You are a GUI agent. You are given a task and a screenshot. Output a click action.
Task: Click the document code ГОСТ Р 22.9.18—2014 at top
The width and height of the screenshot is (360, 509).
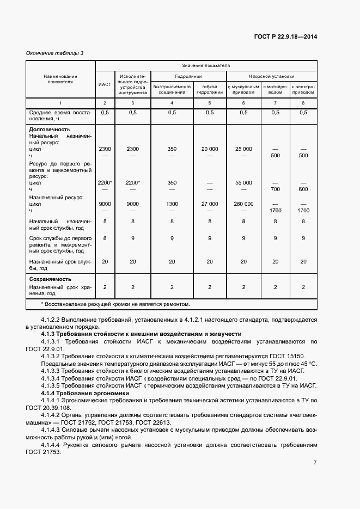[285, 37]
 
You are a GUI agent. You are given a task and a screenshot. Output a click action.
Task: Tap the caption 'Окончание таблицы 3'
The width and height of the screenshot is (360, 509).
[54, 53]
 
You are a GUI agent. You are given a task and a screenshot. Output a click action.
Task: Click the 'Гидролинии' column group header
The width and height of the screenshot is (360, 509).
[188, 76]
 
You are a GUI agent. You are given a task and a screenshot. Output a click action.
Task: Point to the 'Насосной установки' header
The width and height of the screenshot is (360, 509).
[271, 76]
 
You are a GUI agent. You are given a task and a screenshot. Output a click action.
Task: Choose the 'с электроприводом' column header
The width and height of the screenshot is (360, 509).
[303, 89]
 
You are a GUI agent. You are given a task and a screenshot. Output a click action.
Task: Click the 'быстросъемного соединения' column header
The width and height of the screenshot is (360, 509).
[172, 89]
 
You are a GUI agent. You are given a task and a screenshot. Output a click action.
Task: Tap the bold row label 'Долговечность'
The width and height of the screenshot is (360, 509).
[50, 130]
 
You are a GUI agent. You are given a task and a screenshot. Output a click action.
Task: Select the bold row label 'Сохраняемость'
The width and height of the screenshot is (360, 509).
[51, 279]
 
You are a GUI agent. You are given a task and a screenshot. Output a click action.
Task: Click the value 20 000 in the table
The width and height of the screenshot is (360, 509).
[210, 149]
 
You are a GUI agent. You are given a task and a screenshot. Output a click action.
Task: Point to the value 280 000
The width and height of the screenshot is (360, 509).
[243, 204]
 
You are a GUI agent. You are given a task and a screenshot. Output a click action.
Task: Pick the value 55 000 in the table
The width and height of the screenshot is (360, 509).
[243, 183]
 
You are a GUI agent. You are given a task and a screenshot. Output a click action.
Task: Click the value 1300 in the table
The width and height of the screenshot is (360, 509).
[172, 204]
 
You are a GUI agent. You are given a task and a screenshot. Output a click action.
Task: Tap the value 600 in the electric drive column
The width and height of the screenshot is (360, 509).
[303, 189]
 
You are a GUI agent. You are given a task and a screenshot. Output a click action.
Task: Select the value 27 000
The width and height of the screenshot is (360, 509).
[210, 204]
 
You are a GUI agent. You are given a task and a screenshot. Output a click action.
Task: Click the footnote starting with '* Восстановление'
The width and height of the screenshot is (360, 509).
[116, 304]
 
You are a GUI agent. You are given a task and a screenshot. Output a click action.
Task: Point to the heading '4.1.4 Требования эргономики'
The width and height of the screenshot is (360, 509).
[85, 393]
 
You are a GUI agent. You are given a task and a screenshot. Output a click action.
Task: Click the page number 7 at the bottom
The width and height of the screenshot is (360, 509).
[315, 462]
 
